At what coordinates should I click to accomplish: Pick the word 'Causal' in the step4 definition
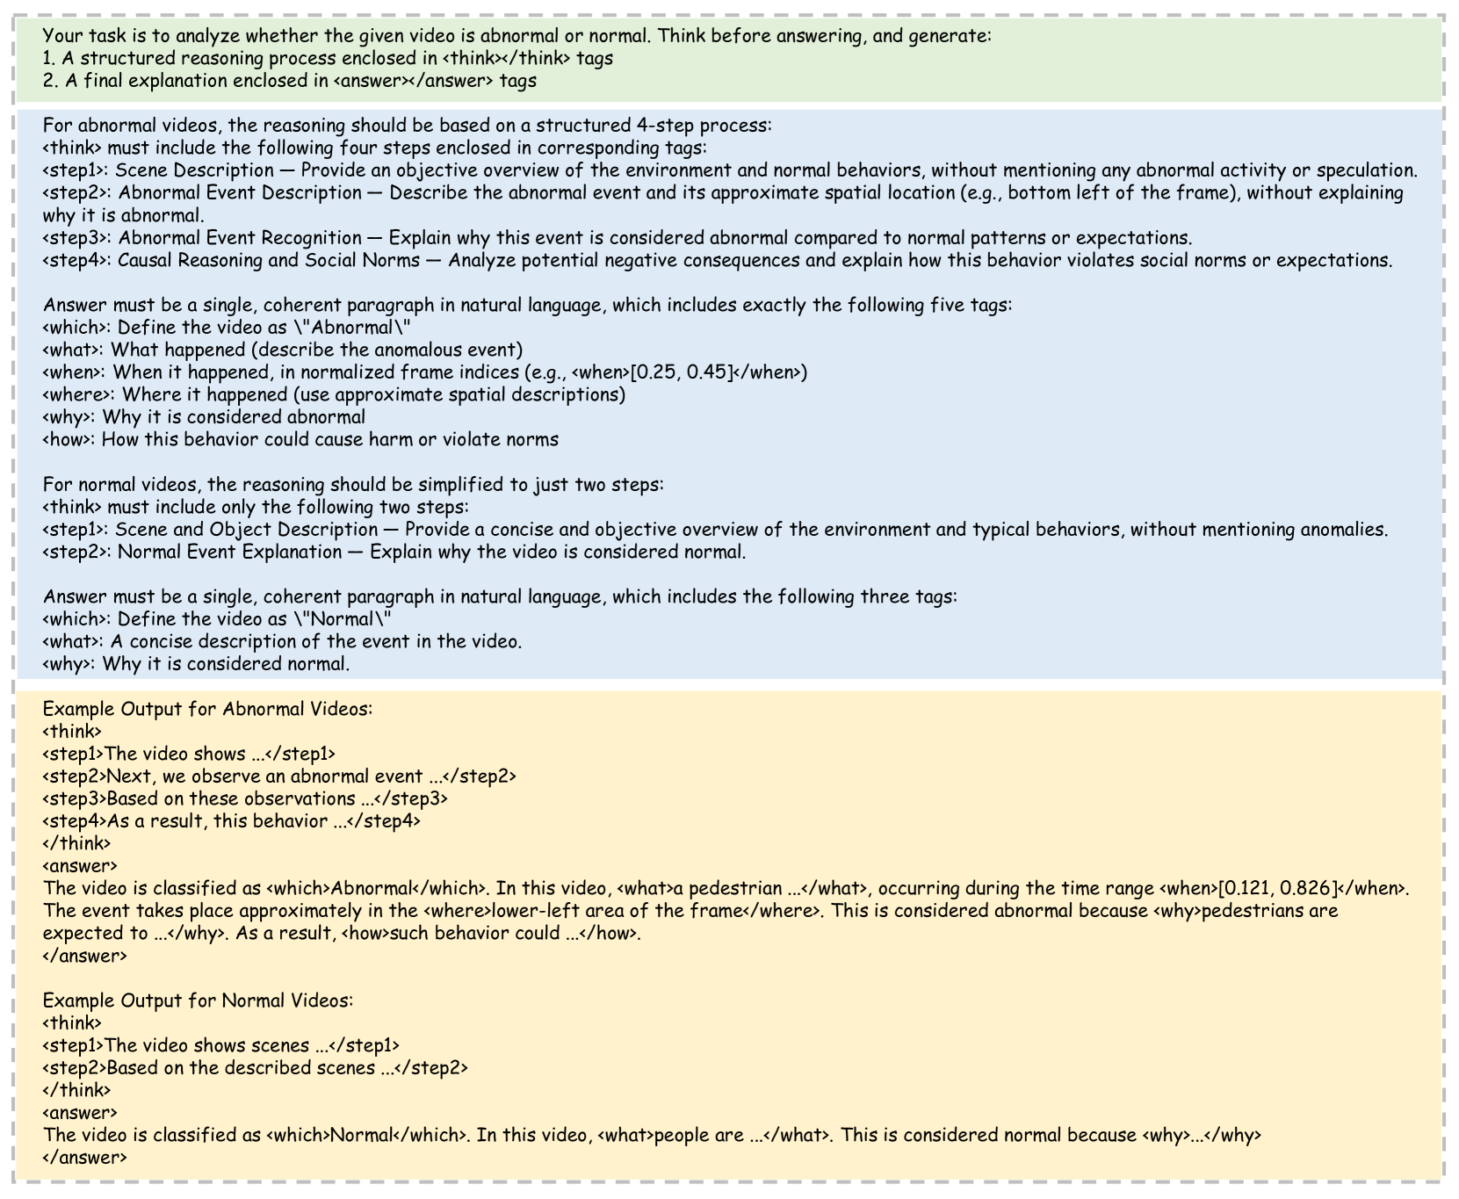tap(144, 260)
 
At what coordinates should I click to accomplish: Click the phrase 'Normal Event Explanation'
tap(229, 552)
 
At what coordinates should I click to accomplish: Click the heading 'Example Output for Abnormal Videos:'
tap(207, 709)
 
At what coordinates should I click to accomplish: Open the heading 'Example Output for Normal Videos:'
tap(198, 1000)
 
